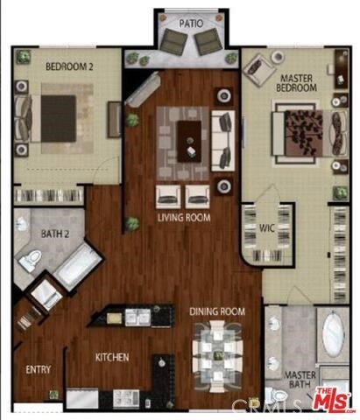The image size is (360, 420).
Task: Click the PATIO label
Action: [191, 24]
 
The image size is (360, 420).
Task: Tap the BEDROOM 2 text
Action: [69, 66]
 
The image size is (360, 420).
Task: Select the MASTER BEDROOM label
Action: [296, 83]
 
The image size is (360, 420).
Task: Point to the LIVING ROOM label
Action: [184, 218]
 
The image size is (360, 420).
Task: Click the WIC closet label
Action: [267, 228]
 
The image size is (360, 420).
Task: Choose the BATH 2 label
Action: [55, 234]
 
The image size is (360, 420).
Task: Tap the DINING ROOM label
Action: [217, 311]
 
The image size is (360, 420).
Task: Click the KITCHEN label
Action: [112, 357]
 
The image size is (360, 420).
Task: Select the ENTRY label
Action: [39, 370]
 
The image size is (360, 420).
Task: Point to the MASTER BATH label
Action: [300, 380]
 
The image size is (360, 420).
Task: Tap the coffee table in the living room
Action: [190, 142]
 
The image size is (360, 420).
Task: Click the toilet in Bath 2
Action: [30, 260]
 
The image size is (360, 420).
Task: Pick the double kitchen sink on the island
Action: [138, 318]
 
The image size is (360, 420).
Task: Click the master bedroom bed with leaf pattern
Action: [309, 133]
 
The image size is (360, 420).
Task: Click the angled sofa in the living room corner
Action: [143, 89]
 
